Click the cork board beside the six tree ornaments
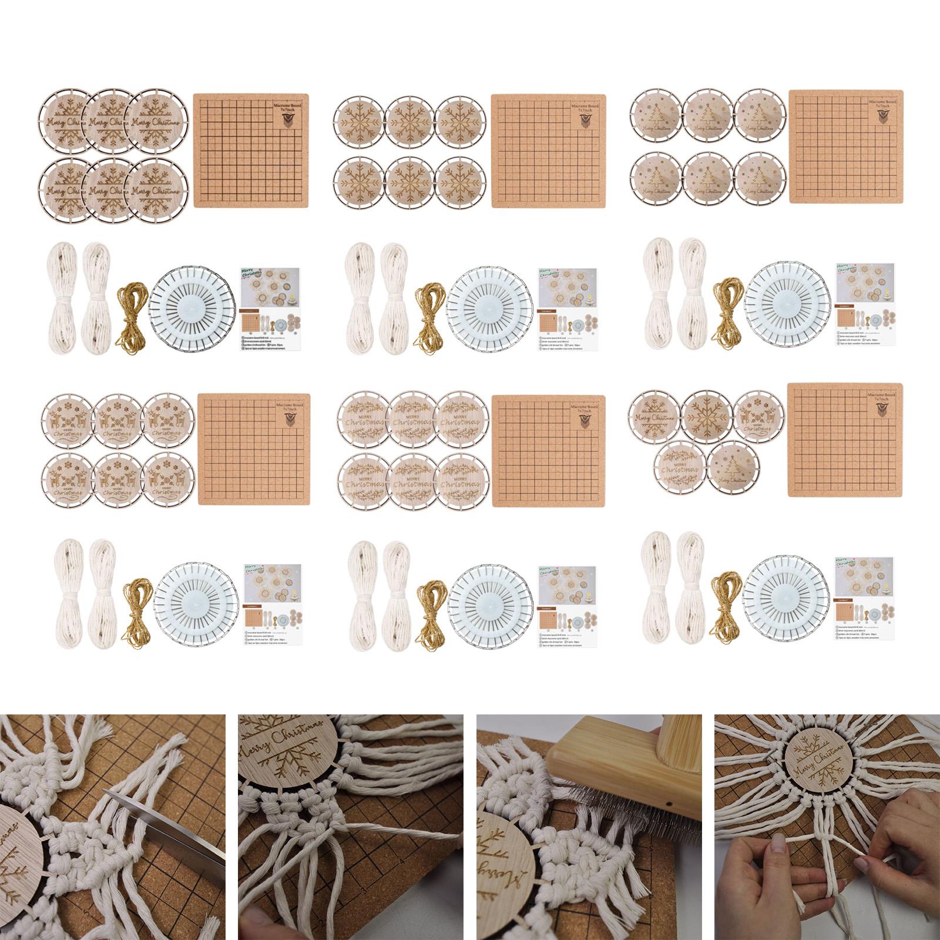coord(845,147)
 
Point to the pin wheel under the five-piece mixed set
coord(787,602)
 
